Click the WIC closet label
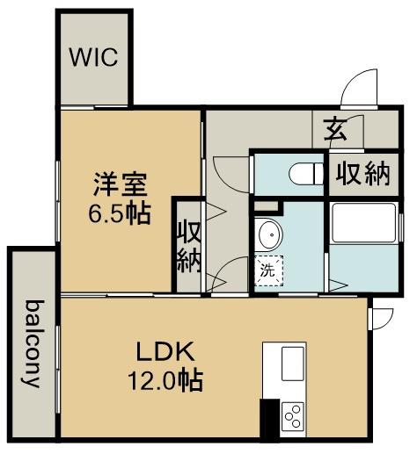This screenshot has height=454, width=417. click(x=94, y=59)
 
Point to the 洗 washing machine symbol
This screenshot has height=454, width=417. click(x=267, y=271)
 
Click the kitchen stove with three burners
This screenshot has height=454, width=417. click(x=291, y=413)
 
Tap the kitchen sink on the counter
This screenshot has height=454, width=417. click(x=291, y=363)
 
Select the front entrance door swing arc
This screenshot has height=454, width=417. click(x=358, y=87)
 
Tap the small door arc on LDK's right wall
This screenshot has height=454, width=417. click(x=382, y=317)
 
